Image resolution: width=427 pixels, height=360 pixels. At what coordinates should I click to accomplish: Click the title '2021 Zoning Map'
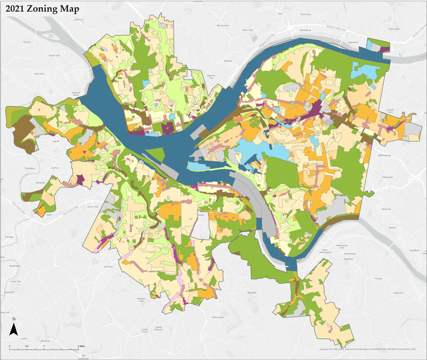coord(43,9)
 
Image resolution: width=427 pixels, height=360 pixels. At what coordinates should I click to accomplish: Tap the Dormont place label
coord(108,265)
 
